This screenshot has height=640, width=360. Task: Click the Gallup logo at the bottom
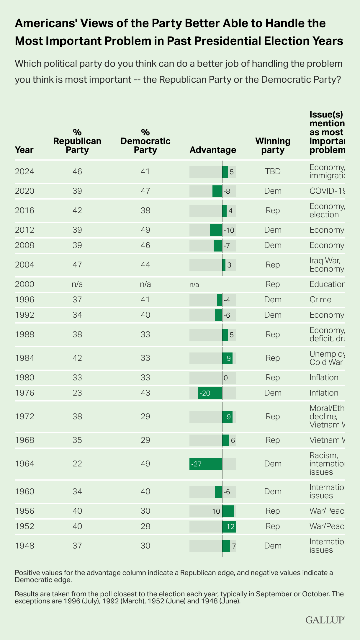[x=325, y=620]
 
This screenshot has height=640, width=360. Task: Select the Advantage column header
[x=212, y=150]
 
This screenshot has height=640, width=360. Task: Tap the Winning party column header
[x=273, y=145]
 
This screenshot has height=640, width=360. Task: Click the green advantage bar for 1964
[x=206, y=464]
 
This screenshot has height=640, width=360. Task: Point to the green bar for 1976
[x=210, y=393]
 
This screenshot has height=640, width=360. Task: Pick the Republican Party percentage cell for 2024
[x=77, y=172]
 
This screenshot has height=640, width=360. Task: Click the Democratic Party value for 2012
[x=145, y=230]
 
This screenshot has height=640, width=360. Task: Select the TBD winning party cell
[x=273, y=172]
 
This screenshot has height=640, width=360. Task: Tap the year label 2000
[x=24, y=284]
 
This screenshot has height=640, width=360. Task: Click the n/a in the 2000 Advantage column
[x=194, y=285]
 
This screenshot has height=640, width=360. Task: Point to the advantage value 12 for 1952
[x=230, y=526]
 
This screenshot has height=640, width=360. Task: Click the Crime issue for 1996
[x=320, y=300]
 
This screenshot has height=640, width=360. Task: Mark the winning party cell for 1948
[x=273, y=546]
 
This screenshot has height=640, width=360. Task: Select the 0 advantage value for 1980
[x=226, y=378]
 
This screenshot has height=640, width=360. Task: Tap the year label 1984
[x=24, y=358]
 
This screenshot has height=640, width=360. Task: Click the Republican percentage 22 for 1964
[x=77, y=464]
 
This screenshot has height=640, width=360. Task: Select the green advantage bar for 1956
[x=228, y=511]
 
